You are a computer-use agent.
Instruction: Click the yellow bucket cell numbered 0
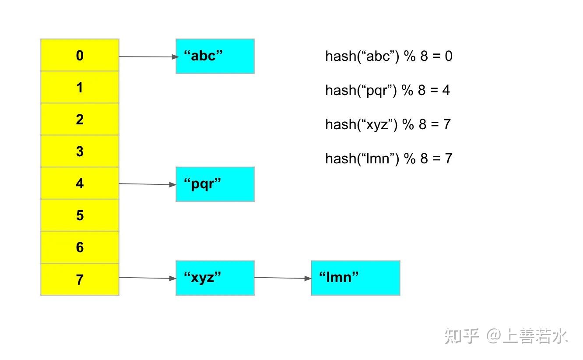click(80, 55)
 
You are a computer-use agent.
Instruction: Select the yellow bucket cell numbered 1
click(80, 87)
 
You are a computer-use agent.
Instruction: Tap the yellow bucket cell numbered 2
click(80, 119)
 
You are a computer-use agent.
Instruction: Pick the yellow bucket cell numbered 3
click(80, 151)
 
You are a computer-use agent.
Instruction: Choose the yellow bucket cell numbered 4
click(80, 183)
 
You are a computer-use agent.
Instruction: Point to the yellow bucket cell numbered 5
click(80, 215)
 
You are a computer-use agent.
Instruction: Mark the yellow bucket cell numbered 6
click(80, 247)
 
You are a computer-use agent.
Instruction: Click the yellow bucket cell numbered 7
click(80, 279)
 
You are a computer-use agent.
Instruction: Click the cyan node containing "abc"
click(215, 56)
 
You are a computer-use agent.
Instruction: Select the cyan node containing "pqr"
click(215, 184)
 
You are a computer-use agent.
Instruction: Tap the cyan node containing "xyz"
click(215, 278)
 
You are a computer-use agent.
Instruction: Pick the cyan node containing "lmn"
click(355, 278)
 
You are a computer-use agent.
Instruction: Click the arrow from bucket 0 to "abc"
click(147, 56)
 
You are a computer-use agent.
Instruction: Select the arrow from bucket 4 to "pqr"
click(147, 184)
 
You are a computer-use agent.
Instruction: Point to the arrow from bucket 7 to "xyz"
click(147, 278)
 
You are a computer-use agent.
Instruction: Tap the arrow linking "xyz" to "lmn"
click(282, 278)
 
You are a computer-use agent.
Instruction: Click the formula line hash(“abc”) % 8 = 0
click(389, 56)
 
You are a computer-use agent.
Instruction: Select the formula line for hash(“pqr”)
click(388, 90)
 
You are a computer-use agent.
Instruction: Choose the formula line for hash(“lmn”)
click(389, 158)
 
